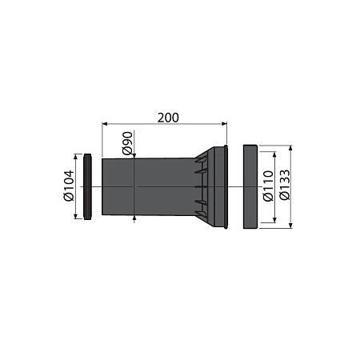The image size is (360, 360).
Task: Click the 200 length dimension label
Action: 168,118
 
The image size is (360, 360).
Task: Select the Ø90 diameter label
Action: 127,143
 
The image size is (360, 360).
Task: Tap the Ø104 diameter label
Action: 69,186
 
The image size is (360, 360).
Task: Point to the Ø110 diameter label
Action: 268,186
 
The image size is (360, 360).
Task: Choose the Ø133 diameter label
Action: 285,185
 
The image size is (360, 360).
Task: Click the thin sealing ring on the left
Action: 88,186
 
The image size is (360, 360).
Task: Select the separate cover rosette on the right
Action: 250,186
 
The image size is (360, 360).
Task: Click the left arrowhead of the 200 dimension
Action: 105,123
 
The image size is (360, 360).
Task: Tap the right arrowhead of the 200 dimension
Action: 224,123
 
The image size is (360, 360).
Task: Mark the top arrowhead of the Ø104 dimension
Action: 76,156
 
